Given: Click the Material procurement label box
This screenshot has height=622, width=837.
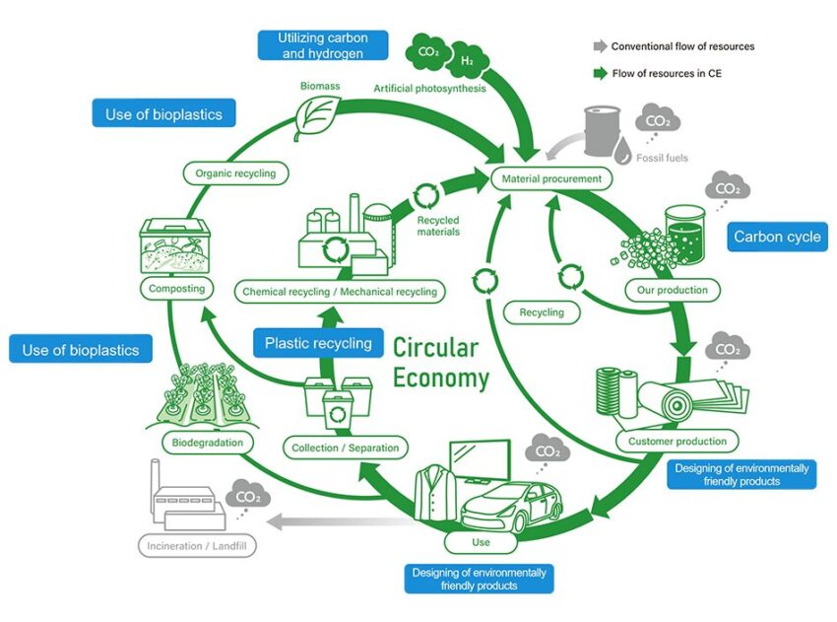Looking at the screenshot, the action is tap(551, 179).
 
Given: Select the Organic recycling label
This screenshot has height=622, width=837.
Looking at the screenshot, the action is tap(235, 173).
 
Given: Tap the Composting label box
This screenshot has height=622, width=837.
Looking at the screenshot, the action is tap(176, 289).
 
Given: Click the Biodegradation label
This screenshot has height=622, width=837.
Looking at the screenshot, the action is tap(207, 443).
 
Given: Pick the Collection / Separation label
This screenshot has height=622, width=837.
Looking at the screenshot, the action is tap(345, 448).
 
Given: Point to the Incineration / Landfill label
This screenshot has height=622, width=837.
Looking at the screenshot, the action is tap(197, 546).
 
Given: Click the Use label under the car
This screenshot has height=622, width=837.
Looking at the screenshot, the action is tap(481, 542).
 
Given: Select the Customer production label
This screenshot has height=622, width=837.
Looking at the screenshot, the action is tap(676, 442).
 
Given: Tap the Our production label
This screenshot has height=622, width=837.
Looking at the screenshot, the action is tap(672, 290).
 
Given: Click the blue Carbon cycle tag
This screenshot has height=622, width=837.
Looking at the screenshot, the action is tap(777, 237).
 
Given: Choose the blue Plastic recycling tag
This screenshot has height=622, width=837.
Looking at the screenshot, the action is tap(318, 343).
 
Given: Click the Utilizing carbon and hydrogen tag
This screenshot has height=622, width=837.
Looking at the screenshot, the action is tap(322, 45).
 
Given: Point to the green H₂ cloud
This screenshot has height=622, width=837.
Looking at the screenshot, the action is tap(468, 60).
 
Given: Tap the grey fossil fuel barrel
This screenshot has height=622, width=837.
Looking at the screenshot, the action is tap(603, 130).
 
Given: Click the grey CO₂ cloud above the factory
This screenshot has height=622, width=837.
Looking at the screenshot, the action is tap(248, 497).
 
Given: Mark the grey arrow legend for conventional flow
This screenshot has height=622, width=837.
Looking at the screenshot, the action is tap(601, 46).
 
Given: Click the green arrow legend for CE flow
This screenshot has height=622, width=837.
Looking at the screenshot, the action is tap(601, 73).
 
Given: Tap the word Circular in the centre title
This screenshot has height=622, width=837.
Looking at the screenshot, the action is tap(435, 348).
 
